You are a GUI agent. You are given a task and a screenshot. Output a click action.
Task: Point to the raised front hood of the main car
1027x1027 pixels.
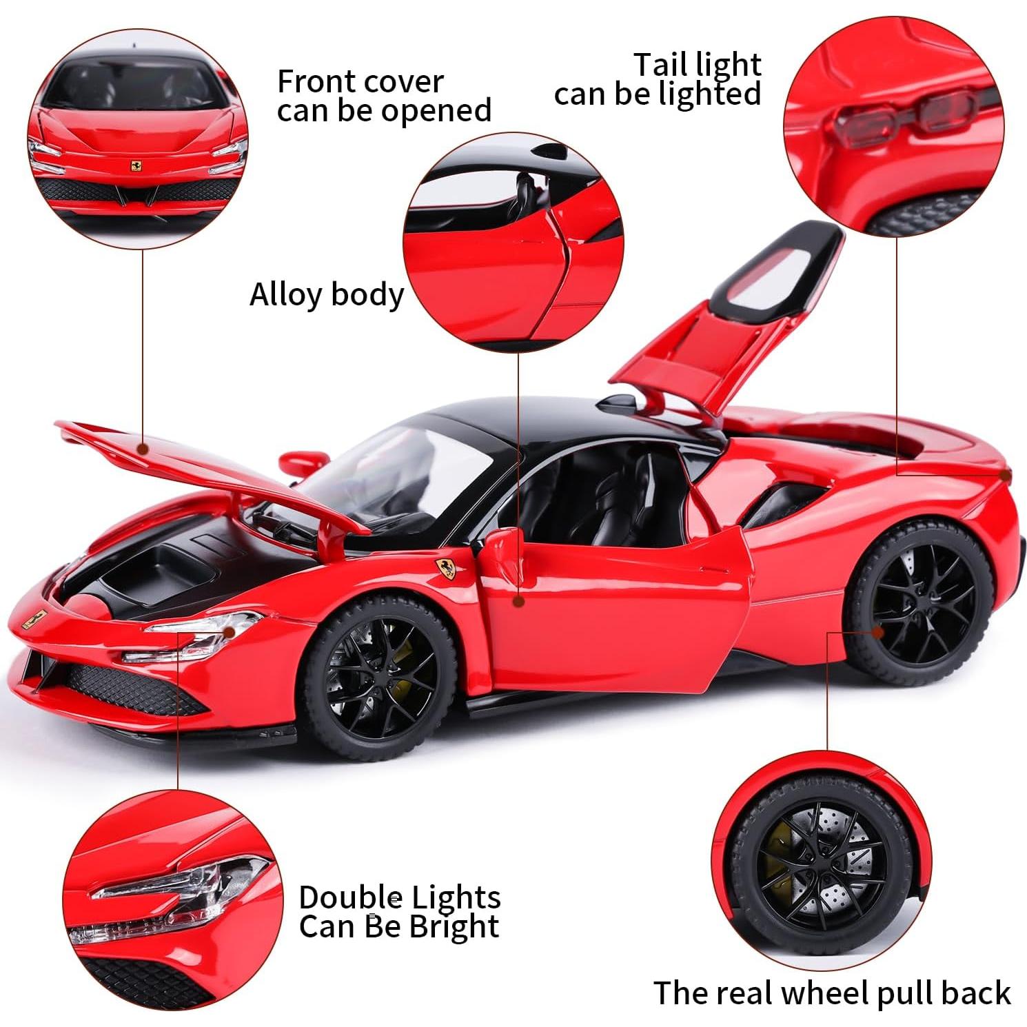(207, 469)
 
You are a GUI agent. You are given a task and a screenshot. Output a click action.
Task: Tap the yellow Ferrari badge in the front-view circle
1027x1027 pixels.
(138, 167)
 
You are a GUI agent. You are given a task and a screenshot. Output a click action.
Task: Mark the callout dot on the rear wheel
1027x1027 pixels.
(877, 631)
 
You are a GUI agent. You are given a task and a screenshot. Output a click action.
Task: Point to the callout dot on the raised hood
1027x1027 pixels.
(143, 449)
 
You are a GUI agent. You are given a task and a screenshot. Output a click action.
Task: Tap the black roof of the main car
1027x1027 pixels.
(551, 420)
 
